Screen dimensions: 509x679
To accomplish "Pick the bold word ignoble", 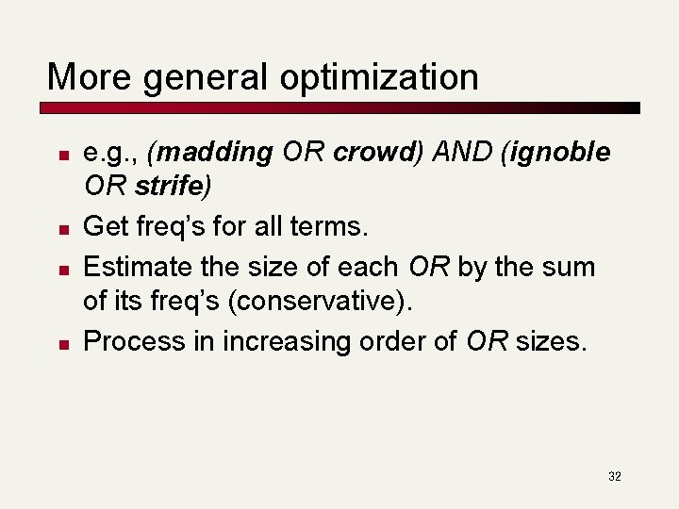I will [561, 152].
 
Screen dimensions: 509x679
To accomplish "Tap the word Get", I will [104, 226].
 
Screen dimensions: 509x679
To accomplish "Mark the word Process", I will [135, 341].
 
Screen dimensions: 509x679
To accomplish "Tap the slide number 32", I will [614, 477].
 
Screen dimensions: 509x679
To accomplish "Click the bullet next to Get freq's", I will [60, 228].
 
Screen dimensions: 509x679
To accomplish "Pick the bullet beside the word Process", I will [60, 343].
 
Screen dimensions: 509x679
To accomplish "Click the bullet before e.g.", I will [60, 154].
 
